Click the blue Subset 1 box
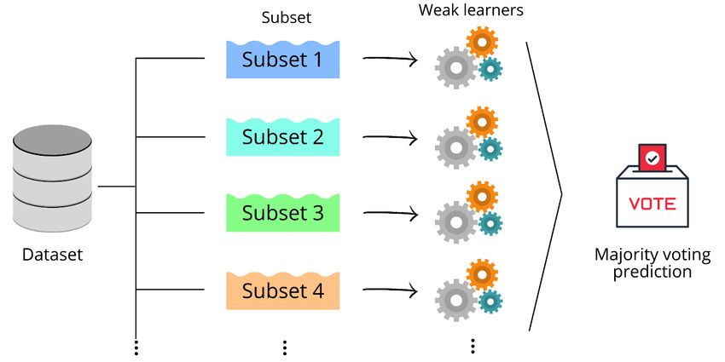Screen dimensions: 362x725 tap(283, 60)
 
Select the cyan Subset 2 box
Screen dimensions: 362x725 tap(283, 136)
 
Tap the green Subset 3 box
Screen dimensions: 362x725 tap(283, 213)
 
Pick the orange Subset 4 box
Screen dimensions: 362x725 tap(283, 290)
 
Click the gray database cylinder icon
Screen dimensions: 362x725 tap(52, 179)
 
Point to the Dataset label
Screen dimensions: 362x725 tap(52, 254)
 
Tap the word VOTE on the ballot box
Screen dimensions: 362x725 tap(652, 204)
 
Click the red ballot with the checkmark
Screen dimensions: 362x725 tap(652, 158)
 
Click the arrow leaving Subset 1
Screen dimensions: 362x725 tap(390, 60)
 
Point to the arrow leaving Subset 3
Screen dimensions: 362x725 tap(390, 213)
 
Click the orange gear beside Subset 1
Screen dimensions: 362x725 tap(482, 42)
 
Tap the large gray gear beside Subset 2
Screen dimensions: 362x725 tap(456, 148)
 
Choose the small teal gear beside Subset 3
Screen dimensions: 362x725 tap(490, 224)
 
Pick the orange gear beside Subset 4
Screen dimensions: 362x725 tap(482, 273)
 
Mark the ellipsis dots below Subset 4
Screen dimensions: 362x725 tap(285, 348)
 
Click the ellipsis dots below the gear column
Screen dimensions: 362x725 tap(472, 346)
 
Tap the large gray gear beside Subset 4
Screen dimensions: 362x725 tap(456, 300)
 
